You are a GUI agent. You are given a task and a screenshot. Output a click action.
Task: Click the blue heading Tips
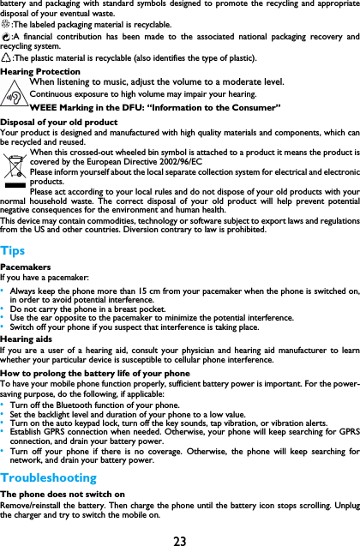[13, 250]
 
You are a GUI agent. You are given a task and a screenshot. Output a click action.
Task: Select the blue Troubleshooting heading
[49, 477]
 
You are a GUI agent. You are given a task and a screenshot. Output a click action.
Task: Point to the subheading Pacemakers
[25, 267]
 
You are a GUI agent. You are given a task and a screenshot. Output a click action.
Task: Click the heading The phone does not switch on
[63, 495]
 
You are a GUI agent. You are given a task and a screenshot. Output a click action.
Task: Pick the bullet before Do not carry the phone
[3, 308]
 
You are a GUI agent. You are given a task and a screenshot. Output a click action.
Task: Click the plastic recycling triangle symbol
[6, 58]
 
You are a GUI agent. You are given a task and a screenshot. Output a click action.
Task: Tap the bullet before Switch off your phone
[3, 327]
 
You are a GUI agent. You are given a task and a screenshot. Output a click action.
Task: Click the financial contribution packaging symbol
[6, 38]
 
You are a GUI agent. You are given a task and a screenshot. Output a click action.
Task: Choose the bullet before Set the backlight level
[3, 414]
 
